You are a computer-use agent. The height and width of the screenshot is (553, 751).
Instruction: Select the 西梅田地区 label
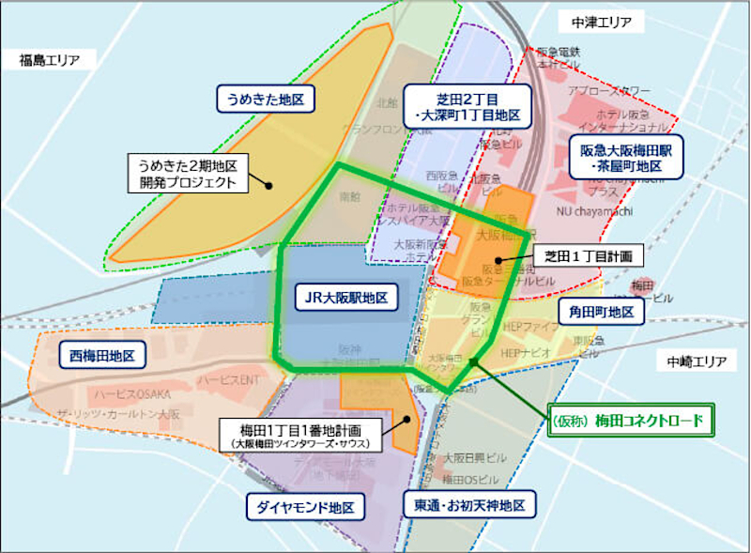[x=103, y=356]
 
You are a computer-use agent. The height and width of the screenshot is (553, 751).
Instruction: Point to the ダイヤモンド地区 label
[x=304, y=507]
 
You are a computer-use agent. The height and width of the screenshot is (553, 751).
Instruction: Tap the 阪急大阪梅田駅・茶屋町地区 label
[x=628, y=157]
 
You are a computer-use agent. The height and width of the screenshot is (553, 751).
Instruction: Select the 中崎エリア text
[x=697, y=361]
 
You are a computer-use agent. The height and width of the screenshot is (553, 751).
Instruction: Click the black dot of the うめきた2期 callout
[x=268, y=185]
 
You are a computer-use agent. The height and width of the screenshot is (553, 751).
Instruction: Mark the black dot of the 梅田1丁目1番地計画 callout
[x=406, y=419]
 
